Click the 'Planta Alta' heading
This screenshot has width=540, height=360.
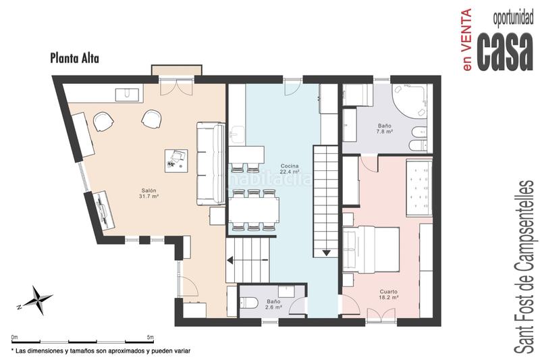click(x=74, y=58)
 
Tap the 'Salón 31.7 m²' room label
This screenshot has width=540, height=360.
click(x=148, y=193)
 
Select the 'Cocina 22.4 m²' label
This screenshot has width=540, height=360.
click(x=290, y=168)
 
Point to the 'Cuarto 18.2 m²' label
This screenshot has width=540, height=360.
click(x=389, y=294)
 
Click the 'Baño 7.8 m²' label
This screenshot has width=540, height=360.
click(x=384, y=129)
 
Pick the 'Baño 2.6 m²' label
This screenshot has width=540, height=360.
click(x=274, y=304)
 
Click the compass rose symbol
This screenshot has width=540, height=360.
click(x=36, y=299)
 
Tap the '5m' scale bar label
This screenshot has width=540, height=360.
click(x=150, y=337)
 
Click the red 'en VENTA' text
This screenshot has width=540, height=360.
click(x=467, y=40)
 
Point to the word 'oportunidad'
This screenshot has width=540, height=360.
click(x=513, y=19)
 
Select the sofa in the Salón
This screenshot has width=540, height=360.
click(x=211, y=164)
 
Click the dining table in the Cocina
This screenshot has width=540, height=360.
click(x=254, y=210)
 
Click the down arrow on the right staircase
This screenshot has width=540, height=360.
click(x=326, y=253)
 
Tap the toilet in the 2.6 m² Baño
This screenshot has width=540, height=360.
click(x=248, y=303)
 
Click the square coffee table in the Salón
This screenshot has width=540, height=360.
click(x=176, y=161)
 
